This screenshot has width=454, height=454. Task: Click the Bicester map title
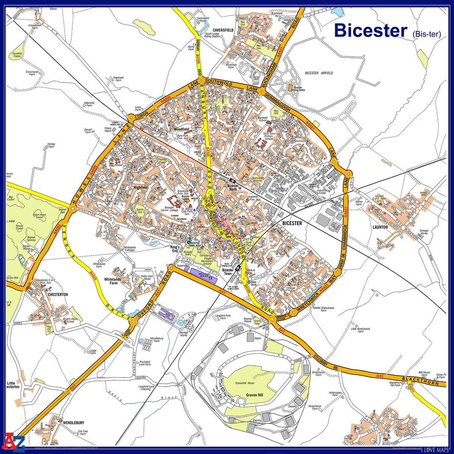[x=370, y=30]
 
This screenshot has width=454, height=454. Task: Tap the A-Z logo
[x=14, y=441]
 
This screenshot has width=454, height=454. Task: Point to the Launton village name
[x=380, y=227]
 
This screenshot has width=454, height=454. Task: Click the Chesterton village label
[x=58, y=294]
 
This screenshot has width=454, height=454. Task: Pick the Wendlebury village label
[x=73, y=423]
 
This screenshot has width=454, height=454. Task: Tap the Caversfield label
[x=223, y=30]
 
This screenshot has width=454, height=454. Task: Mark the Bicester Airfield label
[x=319, y=73]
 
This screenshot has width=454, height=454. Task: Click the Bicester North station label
[x=233, y=187]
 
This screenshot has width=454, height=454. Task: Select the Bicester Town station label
[x=228, y=272]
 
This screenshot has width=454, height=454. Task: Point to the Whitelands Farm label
[x=113, y=281]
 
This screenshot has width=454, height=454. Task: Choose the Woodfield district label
[x=181, y=129]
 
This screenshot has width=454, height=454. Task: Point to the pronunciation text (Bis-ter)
[x=426, y=34]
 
